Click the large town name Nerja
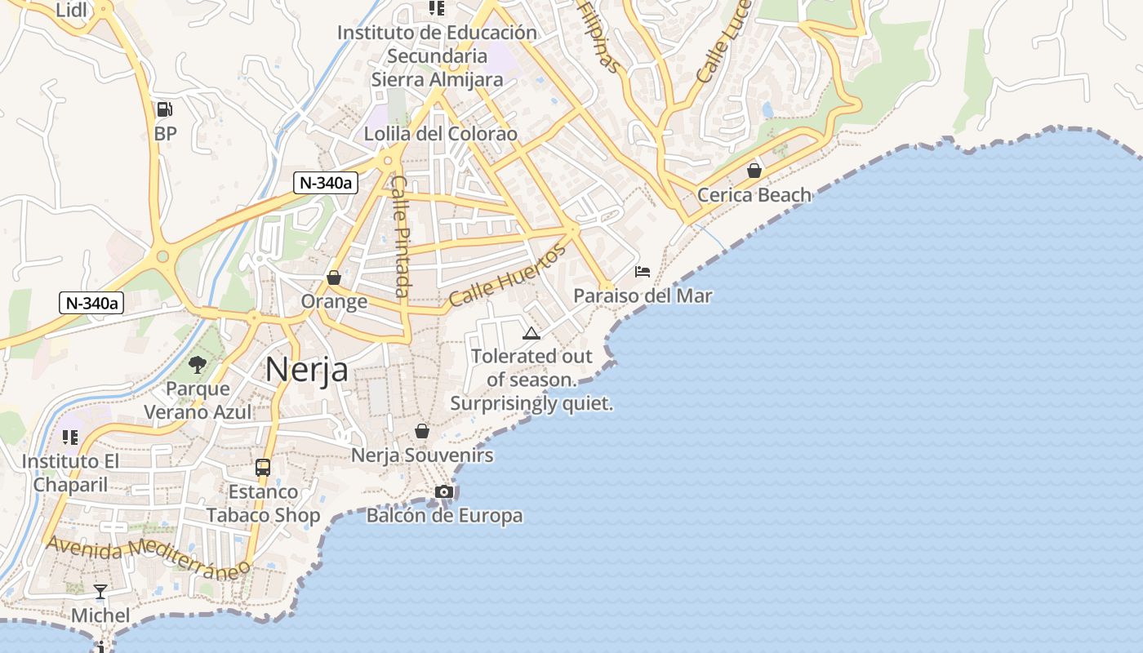point(307,370)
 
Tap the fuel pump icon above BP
point(164,109)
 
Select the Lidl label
point(73,10)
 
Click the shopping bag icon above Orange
point(333,278)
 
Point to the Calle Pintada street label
point(401,236)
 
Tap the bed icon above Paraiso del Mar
point(643,271)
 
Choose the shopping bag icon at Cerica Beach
point(754,171)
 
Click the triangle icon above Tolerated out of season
point(531,333)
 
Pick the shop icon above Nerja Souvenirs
point(422,431)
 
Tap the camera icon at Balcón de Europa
point(444,491)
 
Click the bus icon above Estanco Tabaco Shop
point(263,468)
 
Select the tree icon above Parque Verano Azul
point(197,364)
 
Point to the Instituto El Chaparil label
point(70,472)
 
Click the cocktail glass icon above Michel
point(100,592)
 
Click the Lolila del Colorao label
point(441,134)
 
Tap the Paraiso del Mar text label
point(643,295)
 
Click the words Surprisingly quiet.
point(531,403)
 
